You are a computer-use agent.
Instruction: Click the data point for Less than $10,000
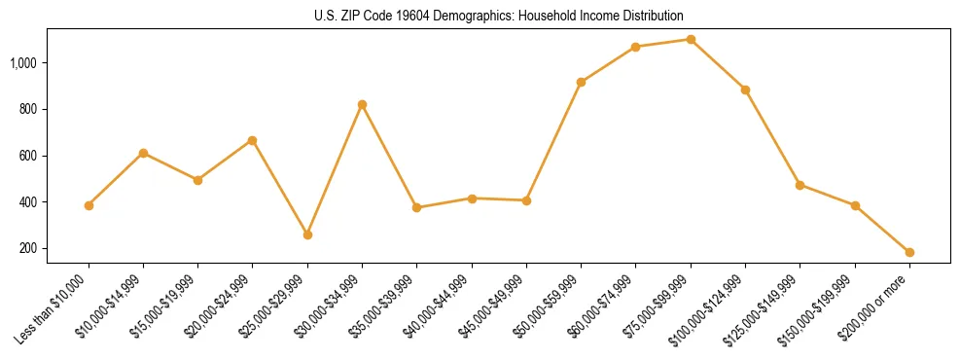[x=89, y=205]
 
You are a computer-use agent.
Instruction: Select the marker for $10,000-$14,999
[x=143, y=153]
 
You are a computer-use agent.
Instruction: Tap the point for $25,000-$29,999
[x=307, y=234]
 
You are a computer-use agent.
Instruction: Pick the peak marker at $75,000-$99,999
[x=691, y=40]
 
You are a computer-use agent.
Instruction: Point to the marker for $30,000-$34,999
[x=362, y=104]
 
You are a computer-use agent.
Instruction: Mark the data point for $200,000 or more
[x=909, y=252]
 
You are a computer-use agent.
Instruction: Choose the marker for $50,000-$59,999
[x=581, y=82]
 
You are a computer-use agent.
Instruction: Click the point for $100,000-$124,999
[x=745, y=90]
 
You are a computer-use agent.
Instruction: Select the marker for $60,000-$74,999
[x=635, y=47]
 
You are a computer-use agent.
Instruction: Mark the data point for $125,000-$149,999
[x=800, y=185]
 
